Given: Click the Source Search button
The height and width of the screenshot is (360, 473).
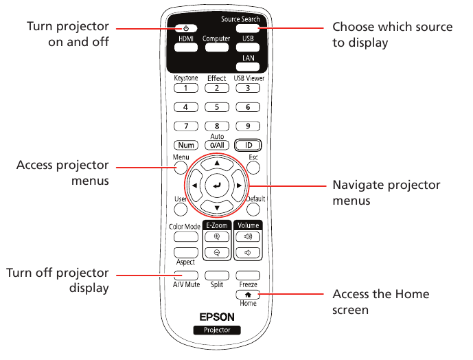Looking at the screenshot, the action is coord(248,28).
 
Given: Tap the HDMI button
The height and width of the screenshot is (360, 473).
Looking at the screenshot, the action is coord(186,47).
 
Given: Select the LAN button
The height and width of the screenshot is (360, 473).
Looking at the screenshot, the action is coord(248,67).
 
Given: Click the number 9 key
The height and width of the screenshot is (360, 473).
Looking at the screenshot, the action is coord(248,126).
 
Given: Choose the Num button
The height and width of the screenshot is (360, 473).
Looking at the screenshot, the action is coord(186,145).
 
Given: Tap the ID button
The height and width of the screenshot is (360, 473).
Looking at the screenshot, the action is coord(248,145).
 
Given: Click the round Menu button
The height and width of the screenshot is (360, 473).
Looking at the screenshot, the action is coord(181,168).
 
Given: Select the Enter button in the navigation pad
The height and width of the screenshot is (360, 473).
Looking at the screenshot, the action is coord(217,185).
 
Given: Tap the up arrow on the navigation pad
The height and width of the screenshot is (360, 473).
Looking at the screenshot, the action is coord(217,164).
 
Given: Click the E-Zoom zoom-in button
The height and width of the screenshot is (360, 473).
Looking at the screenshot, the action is coord(217,237).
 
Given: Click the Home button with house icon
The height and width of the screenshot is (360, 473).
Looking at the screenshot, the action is coord(248,295).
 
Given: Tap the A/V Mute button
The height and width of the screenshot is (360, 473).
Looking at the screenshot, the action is coord(186,275).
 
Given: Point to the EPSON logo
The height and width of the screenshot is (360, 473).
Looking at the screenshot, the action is coord(217,317).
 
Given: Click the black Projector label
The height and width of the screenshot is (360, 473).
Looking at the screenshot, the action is coord(217,330).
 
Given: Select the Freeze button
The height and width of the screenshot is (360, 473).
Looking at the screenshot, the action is coord(248,275).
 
